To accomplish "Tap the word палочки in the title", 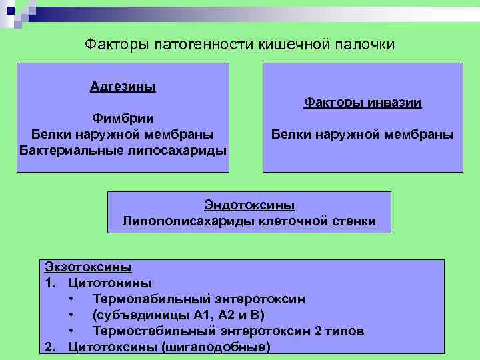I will (366, 45).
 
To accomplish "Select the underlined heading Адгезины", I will (123, 86).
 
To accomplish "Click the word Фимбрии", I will (123, 118).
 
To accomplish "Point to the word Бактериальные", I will (70, 149).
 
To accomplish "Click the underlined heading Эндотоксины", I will (249, 205).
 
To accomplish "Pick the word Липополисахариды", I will (179, 221).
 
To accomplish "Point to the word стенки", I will (354, 221).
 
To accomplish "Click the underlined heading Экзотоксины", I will (88, 267).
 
